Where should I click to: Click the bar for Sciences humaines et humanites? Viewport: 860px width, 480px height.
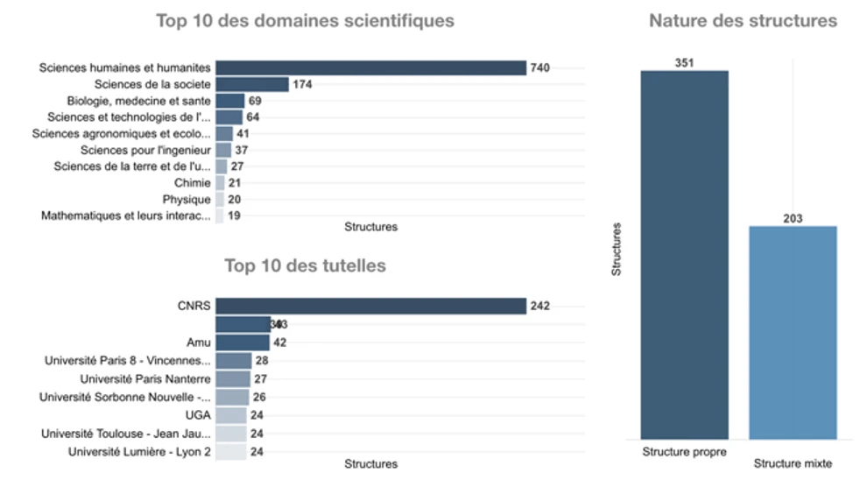click(370, 68)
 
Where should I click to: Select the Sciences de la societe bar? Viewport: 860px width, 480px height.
click(252, 84)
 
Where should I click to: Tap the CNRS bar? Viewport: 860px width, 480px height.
click(370, 306)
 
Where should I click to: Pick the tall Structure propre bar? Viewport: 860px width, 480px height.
click(684, 254)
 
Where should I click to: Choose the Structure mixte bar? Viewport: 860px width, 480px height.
click(793, 332)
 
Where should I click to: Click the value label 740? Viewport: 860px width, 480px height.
click(540, 68)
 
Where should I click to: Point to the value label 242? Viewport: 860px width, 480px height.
click(540, 306)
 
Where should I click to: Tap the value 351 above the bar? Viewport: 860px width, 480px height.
click(684, 62)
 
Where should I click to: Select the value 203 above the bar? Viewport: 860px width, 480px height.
click(793, 218)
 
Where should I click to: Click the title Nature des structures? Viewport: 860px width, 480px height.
click(743, 21)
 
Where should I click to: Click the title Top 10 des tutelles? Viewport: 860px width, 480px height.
click(305, 265)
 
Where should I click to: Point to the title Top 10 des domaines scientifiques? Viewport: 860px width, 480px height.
click(305, 21)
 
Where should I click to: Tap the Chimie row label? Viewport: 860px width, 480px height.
click(193, 183)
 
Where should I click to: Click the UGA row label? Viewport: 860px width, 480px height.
click(198, 415)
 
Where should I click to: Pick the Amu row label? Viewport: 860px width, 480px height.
click(199, 342)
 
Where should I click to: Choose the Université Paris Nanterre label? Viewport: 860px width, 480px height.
click(145, 378)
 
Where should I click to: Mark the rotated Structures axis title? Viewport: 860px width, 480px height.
click(617, 250)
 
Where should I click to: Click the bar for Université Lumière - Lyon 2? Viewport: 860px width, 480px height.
click(231, 452)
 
